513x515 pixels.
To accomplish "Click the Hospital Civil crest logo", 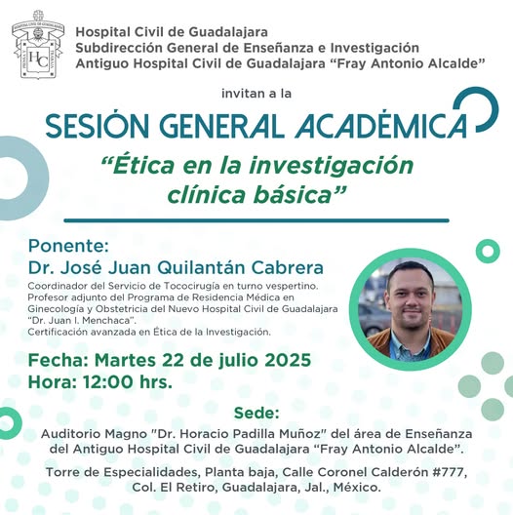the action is [x=37, y=44].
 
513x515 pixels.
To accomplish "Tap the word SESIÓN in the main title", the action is [x=98, y=126].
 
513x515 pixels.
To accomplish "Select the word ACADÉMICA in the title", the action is [x=381, y=125].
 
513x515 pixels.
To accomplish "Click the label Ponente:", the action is [x=68, y=246].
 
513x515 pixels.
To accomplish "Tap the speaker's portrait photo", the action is [x=411, y=309].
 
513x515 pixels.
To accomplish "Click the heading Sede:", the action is [x=256, y=413].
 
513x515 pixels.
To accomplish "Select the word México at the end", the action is [x=357, y=488].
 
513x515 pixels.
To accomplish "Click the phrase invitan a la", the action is [x=256, y=94].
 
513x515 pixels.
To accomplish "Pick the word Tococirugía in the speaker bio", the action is [x=192, y=286].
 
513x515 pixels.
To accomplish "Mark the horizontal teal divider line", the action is [x=256, y=220].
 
